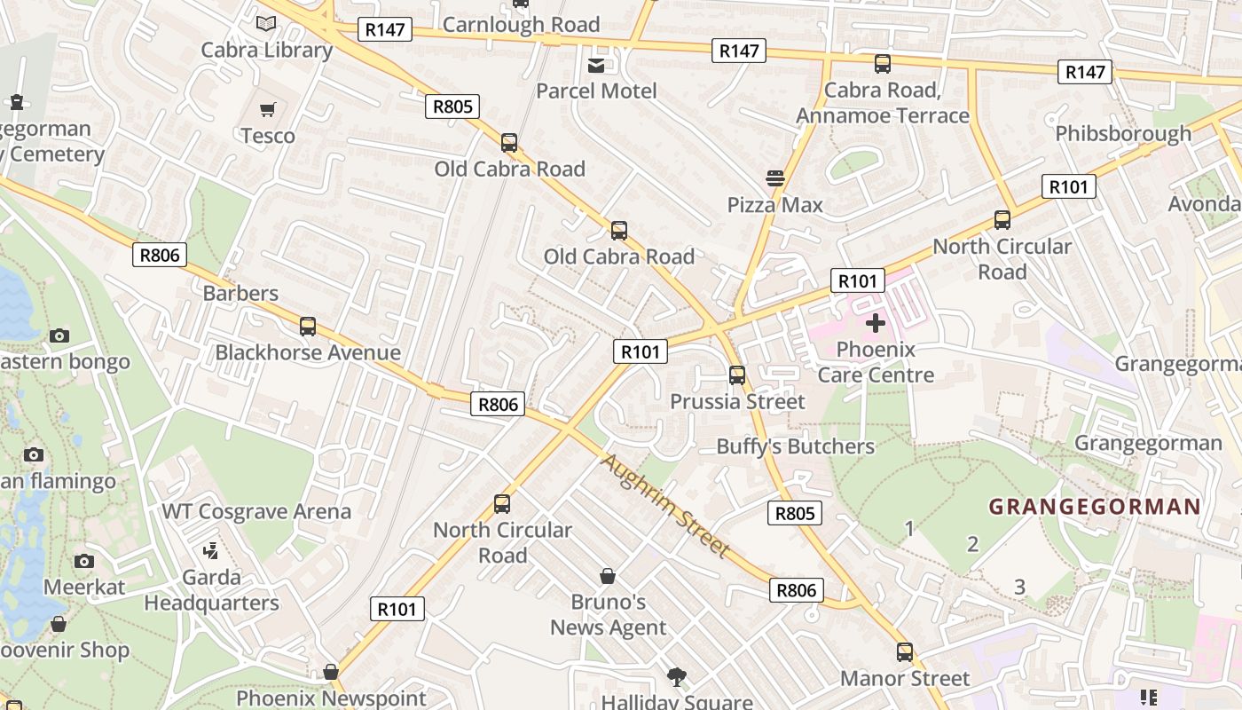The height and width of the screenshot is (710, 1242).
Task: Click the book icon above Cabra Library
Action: [x=265, y=24]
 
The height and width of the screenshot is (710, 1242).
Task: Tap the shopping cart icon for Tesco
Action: [x=267, y=109]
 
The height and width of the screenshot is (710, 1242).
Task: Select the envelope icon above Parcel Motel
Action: [x=596, y=65]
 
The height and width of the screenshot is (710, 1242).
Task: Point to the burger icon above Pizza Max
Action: [x=775, y=178]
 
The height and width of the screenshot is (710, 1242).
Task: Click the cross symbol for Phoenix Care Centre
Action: [x=876, y=323]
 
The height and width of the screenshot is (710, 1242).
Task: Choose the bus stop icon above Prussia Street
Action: [x=737, y=375]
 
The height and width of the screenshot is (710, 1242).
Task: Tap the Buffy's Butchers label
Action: [x=796, y=446]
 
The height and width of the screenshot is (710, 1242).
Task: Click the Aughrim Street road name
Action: [x=665, y=506]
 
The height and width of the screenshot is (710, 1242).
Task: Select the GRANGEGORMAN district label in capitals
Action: [x=1095, y=507]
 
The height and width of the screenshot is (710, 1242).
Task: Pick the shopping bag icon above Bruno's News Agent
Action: [x=608, y=576]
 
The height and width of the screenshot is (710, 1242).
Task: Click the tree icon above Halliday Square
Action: [x=678, y=677]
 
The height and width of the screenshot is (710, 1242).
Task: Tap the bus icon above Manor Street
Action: [x=905, y=652]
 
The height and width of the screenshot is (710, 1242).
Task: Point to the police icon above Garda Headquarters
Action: [x=211, y=551]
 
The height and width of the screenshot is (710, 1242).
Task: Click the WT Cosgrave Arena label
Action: [x=256, y=511]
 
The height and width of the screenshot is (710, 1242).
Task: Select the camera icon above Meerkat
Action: [x=84, y=561]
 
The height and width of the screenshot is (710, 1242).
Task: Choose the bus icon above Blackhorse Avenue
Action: [x=308, y=327]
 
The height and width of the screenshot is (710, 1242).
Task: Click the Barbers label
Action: [x=240, y=293]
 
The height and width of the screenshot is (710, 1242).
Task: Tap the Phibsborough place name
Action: [x=1123, y=133]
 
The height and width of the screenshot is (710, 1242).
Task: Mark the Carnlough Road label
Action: [x=521, y=25]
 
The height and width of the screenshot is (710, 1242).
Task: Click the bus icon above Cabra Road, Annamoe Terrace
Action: [x=883, y=64]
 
